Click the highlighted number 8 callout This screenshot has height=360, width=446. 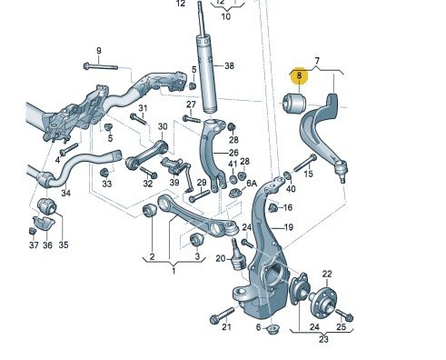pos(299,75)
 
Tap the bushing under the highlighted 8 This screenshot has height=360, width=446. pos(294,103)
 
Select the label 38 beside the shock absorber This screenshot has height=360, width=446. pos(229,65)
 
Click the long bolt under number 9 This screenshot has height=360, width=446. pos(100,66)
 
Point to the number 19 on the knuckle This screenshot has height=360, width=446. pos(289,227)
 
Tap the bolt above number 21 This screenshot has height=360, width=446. pos(223,315)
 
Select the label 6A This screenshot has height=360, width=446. pos(252,184)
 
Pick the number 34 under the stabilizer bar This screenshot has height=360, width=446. pos(65,193)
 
